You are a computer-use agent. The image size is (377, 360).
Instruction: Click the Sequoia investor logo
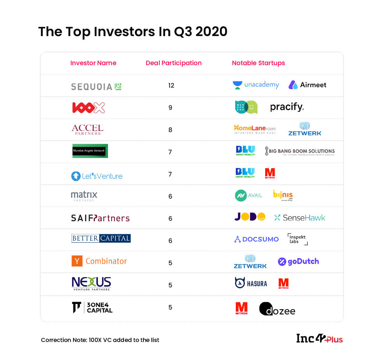pos(96,87)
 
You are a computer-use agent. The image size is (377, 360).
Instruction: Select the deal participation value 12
pos(171,85)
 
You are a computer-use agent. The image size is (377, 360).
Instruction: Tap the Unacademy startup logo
pos(256,85)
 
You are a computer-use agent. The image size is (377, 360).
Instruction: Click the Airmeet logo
pos(307,85)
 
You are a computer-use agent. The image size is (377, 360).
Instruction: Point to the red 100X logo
pos(89,108)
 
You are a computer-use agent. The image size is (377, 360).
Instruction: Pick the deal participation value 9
pos(170,108)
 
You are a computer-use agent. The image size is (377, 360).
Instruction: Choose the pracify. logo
pos(287,107)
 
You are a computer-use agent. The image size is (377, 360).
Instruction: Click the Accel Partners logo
pos(87,129)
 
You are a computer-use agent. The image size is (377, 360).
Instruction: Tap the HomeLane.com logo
pos(255,129)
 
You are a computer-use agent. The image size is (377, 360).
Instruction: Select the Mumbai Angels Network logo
pos(90,151)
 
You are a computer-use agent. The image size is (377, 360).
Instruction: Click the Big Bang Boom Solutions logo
pos(299,151)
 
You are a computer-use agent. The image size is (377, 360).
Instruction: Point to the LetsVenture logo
pos(97,176)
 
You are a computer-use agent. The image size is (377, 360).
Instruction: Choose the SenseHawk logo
pos(299,217)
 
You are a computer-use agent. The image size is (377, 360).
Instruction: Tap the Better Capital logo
pos(101,238)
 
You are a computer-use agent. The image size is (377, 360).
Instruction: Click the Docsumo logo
pos(256,239)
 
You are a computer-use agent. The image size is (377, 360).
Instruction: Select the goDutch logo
pos(298,261)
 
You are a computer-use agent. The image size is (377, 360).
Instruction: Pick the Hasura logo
pos(251,283)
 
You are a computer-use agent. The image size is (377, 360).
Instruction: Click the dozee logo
pos(277,309)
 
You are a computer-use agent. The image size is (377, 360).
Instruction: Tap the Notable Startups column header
pos(258,63)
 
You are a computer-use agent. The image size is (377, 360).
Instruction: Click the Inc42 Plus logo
pos(319,339)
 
